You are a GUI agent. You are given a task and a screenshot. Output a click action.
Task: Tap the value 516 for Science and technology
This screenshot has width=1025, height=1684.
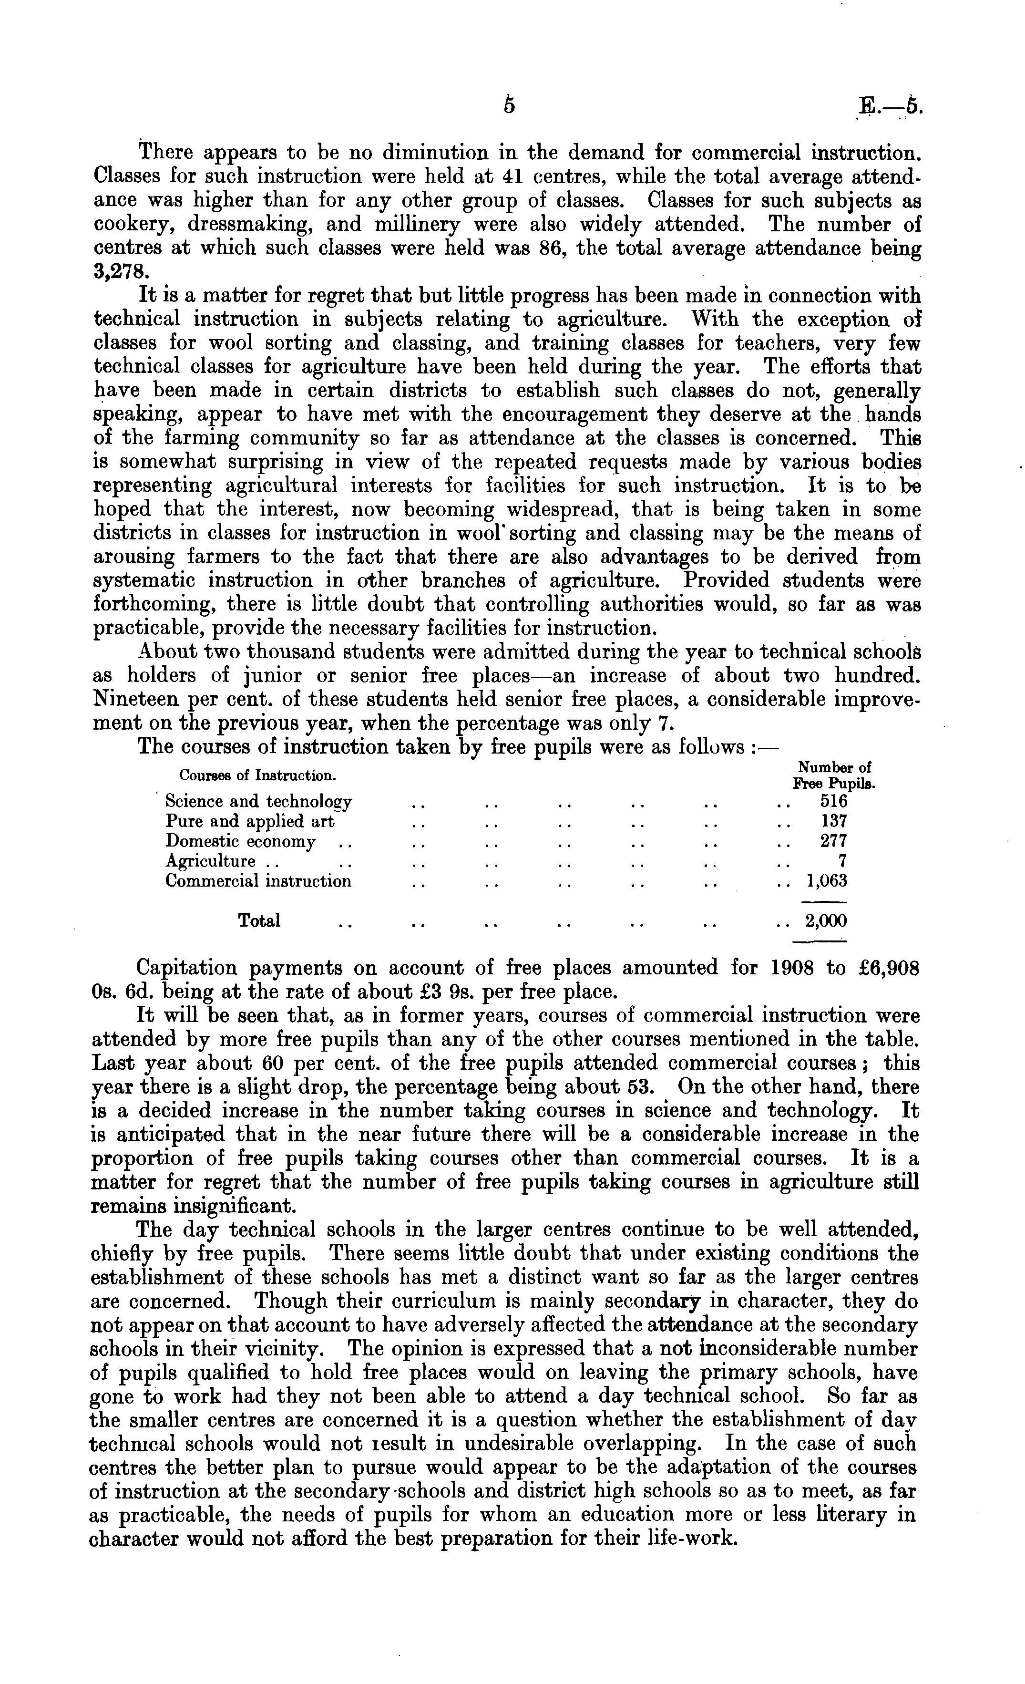tap(833, 801)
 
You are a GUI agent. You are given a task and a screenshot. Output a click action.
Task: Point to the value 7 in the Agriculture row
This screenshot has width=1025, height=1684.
tap(842, 861)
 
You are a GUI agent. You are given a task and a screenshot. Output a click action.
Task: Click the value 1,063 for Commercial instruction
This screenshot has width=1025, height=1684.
tap(827, 881)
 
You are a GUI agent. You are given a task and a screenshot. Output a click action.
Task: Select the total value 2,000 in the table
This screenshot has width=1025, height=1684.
tap(826, 921)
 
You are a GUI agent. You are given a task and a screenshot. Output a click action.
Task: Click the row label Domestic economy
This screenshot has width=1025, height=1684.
tap(241, 841)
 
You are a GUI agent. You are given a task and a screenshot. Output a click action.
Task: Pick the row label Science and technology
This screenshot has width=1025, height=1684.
tap(258, 801)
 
